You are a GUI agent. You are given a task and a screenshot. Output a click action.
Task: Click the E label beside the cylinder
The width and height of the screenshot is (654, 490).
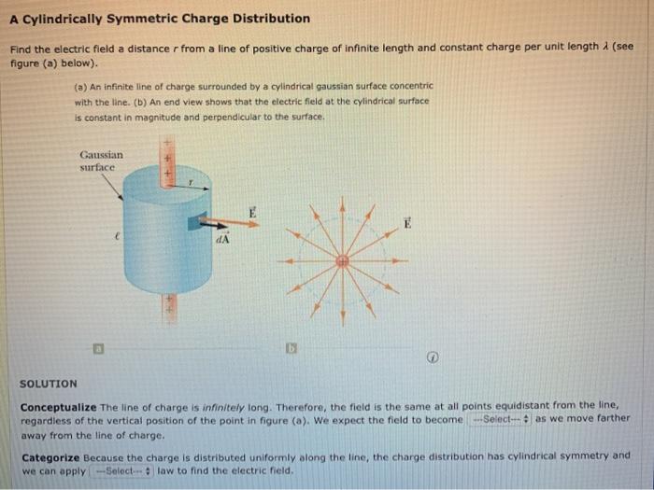[252, 213]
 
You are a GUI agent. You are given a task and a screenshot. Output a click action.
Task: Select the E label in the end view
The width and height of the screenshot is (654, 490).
[407, 223]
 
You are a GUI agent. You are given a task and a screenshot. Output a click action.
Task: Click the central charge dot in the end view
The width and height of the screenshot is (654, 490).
[343, 261]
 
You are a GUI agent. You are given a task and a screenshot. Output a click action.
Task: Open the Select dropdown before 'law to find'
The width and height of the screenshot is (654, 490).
[121, 470]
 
